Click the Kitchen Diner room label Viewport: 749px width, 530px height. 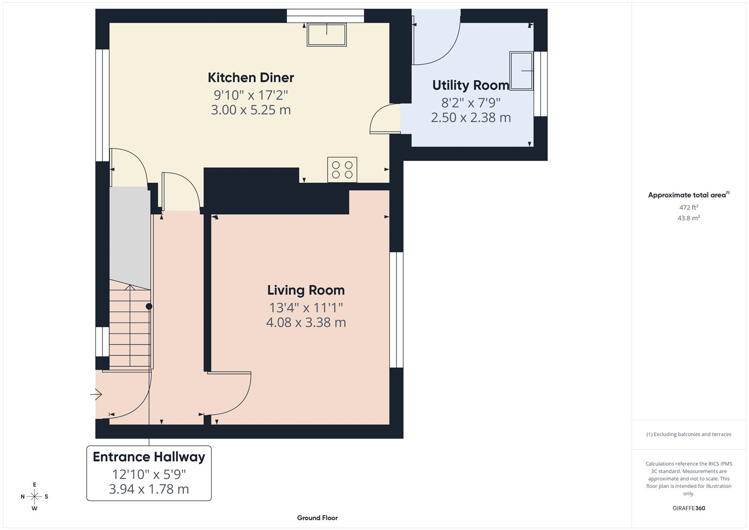pyautogui.click(x=251, y=77)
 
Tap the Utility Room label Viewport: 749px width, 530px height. pyautogui.click(x=470, y=85)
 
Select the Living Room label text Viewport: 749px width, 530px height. pyautogui.click(x=306, y=290)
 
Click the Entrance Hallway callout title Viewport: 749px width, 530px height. pyautogui.click(x=149, y=457)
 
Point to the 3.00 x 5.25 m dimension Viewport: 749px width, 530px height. pyautogui.click(x=251, y=110)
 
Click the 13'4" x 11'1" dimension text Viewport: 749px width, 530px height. pyautogui.click(x=306, y=308)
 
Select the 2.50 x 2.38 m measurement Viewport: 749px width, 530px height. pyautogui.click(x=470, y=118)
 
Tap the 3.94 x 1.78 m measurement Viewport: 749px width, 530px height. pyautogui.click(x=149, y=489)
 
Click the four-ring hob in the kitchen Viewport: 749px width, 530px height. pyautogui.click(x=342, y=170)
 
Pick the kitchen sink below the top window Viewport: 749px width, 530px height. pyautogui.click(x=327, y=35)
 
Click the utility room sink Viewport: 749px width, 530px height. pyautogui.click(x=521, y=71)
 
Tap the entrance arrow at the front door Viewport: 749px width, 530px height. pyautogui.click(x=96, y=395)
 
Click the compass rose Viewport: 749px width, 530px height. pyautogui.click(x=34, y=496)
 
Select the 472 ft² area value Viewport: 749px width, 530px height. pyautogui.click(x=689, y=207)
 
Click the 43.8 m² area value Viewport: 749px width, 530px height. pyautogui.click(x=689, y=218)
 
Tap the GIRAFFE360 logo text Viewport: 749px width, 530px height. pyautogui.click(x=689, y=508)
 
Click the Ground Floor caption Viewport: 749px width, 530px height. pyautogui.click(x=317, y=518)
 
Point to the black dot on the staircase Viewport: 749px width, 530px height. pyautogui.click(x=149, y=306)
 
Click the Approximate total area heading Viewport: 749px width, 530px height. pyautogui.click(x=687, y=195)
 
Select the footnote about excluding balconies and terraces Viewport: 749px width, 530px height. pyautogui.click(x=689, y=434)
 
